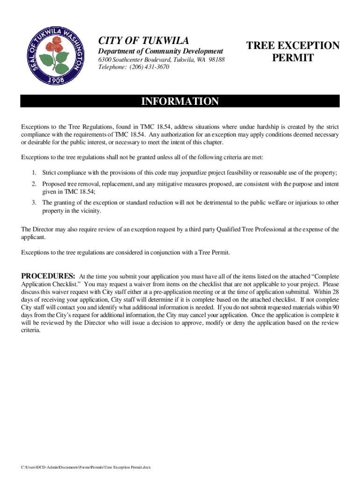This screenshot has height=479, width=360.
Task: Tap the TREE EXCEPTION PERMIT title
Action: (x=293, y=52)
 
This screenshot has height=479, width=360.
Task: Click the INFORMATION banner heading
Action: (x=180, y=102)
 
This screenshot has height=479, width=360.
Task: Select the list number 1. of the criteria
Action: (x=34, y=173)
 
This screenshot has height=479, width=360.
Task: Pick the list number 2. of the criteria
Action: (x=34, y=184)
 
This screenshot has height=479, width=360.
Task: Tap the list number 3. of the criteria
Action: (x=34, y=203)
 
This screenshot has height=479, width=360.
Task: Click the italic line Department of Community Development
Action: (x=160, y=51)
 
